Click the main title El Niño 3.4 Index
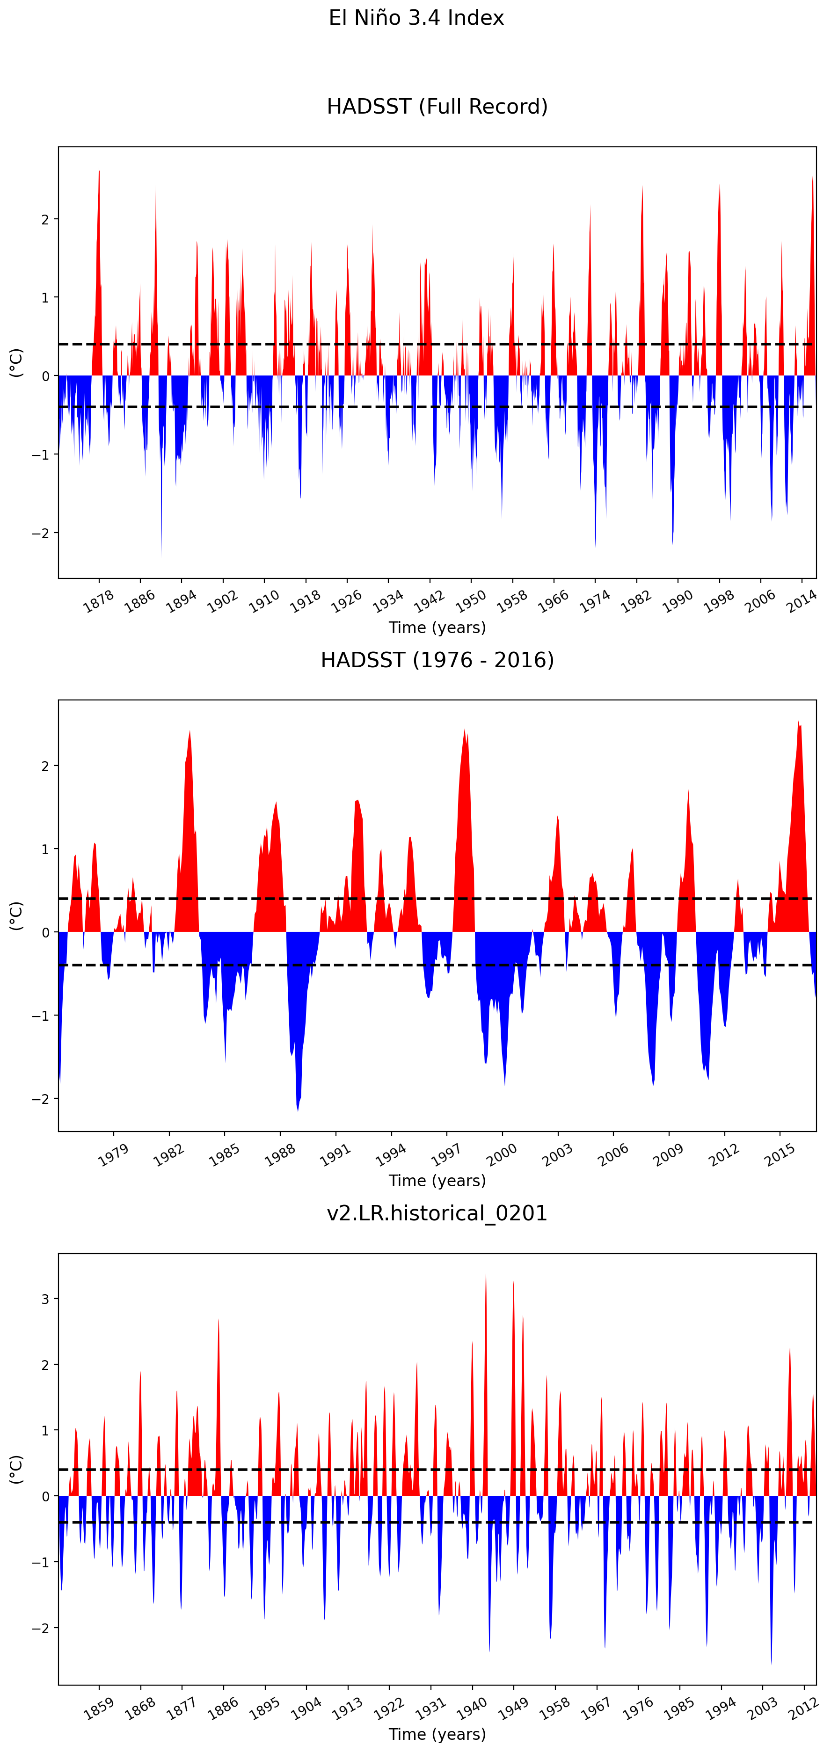[x=416, y=18]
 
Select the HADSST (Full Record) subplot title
[x=437, y=107]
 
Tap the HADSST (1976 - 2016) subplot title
[x=437, y=660]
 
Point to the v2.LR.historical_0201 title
[x=437, y=1213]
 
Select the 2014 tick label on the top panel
[x=802, y=601]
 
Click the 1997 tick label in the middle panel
[x=446, y=1155]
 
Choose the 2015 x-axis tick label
[x=780, y=1155]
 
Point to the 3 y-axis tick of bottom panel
[x=45, y=1299]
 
